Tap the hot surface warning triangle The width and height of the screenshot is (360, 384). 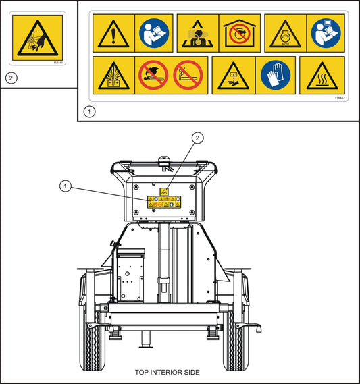(x=322, y=75)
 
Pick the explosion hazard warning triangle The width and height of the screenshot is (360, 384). (x=113, y=75)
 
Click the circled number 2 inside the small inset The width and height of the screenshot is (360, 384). (x=10, y=77)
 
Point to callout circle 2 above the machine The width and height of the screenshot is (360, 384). (x=197, y=138)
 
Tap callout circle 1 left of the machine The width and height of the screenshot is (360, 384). (x=65, y=186)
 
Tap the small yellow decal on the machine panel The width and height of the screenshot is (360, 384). (x=164, y=192)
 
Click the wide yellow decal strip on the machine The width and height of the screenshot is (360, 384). (x=164, y=200)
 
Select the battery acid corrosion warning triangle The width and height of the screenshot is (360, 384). (x=233, y=75)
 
